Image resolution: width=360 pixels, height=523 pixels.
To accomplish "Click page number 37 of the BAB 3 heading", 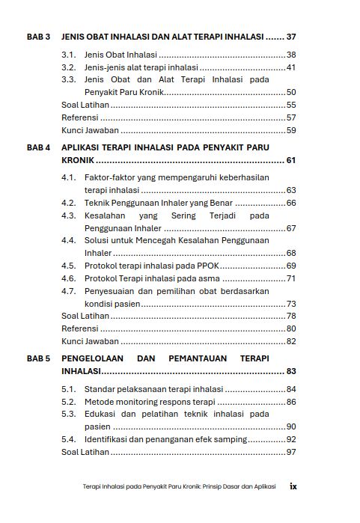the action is point(291,37).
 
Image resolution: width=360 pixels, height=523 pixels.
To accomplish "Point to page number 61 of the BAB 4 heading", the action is point(291,160).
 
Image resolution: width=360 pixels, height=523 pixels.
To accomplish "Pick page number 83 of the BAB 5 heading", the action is point(291,371).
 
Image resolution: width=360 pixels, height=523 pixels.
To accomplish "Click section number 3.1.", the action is point(70,55).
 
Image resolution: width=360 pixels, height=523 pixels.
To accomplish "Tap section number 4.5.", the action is point(70,266).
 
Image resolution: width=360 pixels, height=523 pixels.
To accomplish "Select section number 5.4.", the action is point(70,439).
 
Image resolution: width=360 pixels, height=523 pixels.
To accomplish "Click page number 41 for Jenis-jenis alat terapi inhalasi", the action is point(291,67).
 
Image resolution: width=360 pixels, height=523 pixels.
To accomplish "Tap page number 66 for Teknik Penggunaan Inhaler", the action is point(291,203).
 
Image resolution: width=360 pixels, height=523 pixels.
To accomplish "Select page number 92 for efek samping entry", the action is point(291,439).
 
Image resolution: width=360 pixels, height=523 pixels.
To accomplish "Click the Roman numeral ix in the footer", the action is point(293,486).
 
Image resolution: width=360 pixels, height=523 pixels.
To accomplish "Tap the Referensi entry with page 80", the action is point(79,328).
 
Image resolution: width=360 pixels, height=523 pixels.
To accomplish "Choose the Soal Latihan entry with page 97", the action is point(85,452).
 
